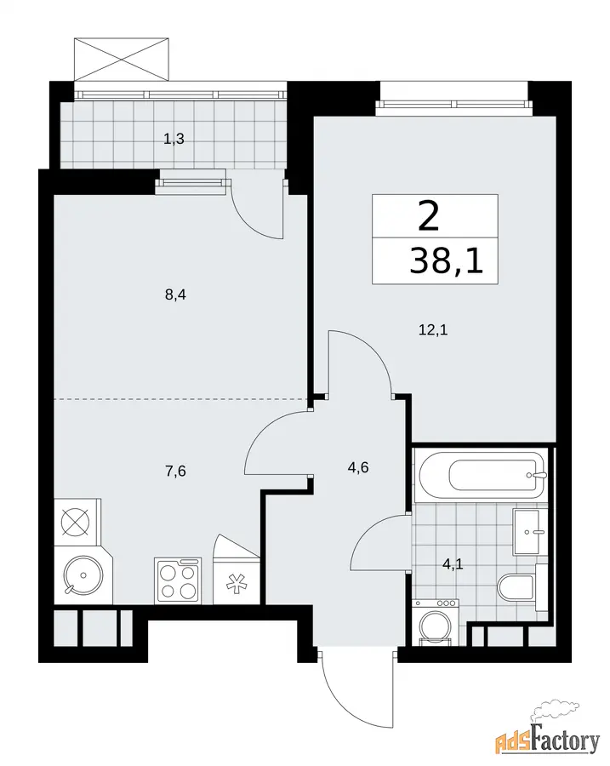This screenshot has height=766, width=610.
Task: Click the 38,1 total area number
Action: coord(447,261)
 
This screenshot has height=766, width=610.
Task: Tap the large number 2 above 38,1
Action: coord(429,217)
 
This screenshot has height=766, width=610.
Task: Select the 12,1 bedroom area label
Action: coord(433,330)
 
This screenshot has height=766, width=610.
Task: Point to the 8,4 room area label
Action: coord(175,295)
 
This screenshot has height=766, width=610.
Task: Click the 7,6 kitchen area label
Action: coord(175,472)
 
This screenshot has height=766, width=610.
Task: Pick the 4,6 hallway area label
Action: coord(358,467)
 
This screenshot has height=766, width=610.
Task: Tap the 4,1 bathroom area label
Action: coord(453,565)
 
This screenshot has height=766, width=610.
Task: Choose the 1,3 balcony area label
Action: coord(174,140)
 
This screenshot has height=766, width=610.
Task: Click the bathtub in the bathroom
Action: coord(481,473)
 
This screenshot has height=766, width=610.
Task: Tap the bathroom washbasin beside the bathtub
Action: coord(527,531)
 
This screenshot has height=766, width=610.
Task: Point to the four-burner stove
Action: coord(179,580)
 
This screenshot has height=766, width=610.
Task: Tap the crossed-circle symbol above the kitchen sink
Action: coord(75,522)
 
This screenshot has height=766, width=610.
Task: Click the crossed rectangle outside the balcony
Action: coord(122,59)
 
